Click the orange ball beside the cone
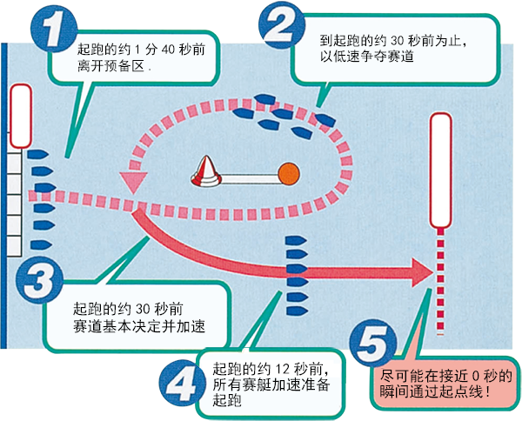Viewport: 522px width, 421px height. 287,174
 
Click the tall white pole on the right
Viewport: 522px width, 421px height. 441,170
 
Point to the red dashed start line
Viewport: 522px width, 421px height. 441,278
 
